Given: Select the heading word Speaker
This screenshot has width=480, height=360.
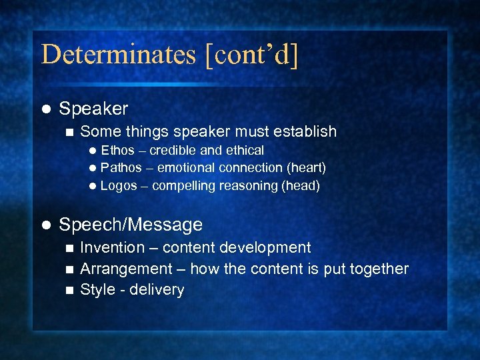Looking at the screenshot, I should click(x=93, y=109).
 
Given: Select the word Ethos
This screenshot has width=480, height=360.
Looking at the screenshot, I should click(x=117, y=151).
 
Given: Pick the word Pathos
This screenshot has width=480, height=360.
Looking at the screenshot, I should click(x=121, y=168).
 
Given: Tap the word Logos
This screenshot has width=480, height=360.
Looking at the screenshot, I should click(x=119, y=186).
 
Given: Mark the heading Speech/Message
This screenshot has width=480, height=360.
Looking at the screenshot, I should click(x=131, y=225).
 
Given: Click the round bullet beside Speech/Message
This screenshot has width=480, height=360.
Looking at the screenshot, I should click(x=45, y=225).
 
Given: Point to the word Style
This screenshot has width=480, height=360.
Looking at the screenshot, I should click(x=97, y=290).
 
